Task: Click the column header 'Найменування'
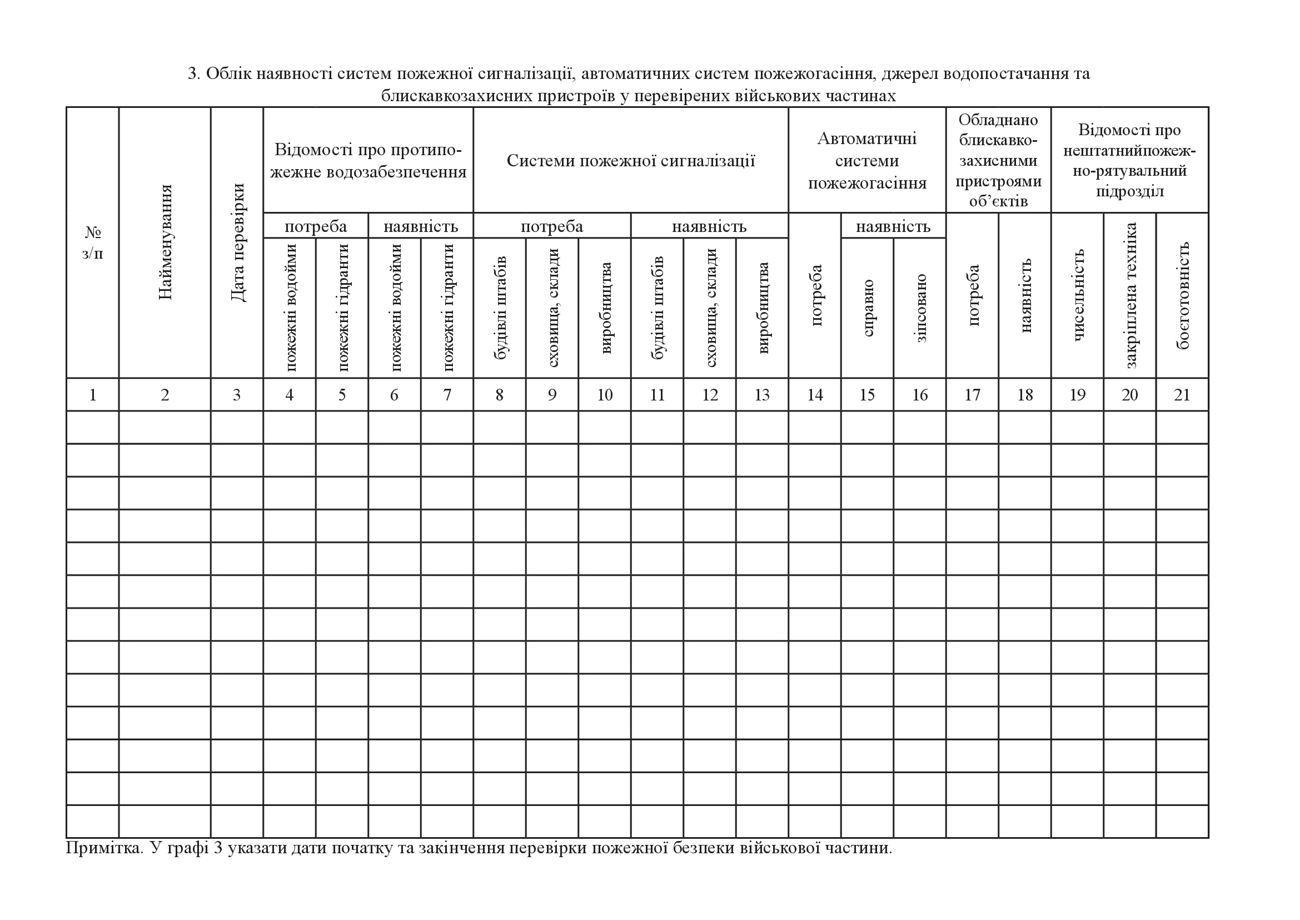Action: (x=165, y=243)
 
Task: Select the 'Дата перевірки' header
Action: (x=237, y=243)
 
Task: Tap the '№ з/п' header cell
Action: (x=93, y=243)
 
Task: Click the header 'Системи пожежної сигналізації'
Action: (x=631, y=161)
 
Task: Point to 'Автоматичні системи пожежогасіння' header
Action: (x=867, y=161)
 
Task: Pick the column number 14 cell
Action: (x=815, y=395)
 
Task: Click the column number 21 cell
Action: (x=1182, y=395)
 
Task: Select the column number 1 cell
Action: (x=93, y=395)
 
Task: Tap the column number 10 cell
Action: (x=605, y=395)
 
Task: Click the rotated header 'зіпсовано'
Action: (x=920, y=308)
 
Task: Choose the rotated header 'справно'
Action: (x=868, y=308)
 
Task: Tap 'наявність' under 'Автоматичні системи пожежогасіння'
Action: (x=894, y=226)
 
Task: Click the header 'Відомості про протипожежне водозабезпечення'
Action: (x=368, y=161)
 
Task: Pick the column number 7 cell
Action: (x=447, y=395)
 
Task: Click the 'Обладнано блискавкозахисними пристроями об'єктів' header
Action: (x=998, y=161)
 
